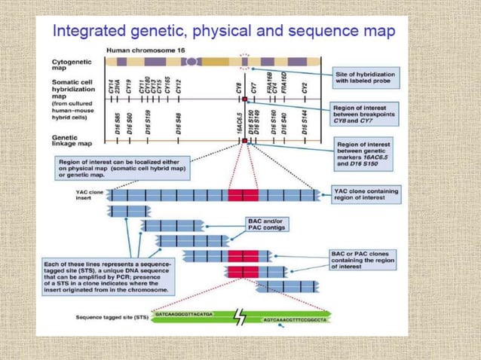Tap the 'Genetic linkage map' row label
click(x=72, y=139)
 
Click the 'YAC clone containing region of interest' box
click(x=365, y=196)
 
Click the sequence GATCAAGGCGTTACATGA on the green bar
click(x=184, y=313)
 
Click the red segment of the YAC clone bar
click(x=243, y=195)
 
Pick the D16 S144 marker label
click(x=305, y=121)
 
